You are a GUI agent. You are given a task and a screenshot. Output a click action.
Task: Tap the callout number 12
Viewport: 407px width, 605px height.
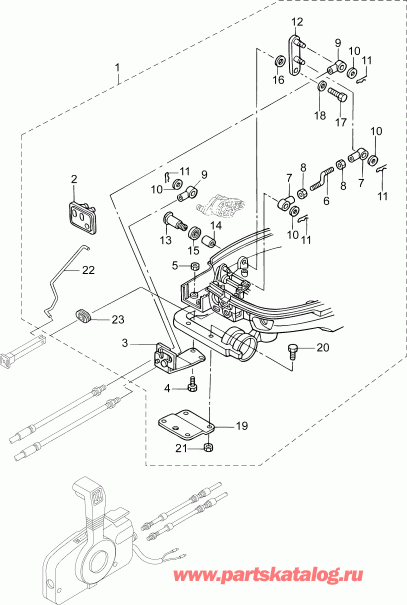pyautogui.click(x=297, y=22)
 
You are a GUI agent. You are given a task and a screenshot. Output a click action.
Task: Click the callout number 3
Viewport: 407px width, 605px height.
pyautogui.click(x=124, y=343)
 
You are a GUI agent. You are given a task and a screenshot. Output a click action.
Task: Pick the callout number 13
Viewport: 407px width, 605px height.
pyautogui.click(x=164, y=240)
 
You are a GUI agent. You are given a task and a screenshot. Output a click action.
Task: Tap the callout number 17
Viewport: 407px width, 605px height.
pyautogui.click(x=340, y=125)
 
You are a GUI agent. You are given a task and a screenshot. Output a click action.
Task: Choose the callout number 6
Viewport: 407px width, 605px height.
pyautogui.click(x=325, y=200)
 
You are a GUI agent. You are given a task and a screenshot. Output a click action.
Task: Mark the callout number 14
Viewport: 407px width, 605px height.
pyautogui.click(x=215, y=226)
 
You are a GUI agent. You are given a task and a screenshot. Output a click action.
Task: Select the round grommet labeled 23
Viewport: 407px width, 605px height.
pyautogui.click(x=85, y=319)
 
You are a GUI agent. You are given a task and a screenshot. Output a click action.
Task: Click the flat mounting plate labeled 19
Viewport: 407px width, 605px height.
pyautogui.click(x=187, y=427)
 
